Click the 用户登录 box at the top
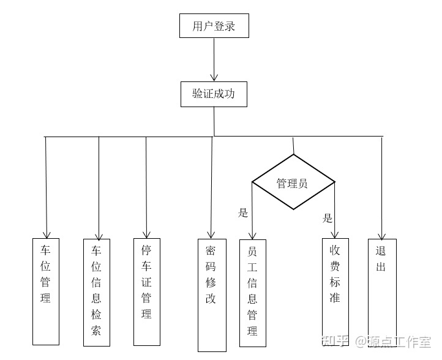point(214,26)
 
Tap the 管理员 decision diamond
point(293,182)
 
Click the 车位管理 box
point(46,290)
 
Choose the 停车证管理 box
point(147,291)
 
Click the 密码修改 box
point(211,294)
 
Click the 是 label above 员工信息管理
point(243,213)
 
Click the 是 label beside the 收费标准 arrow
point(328,218)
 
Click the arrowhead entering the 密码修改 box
point(211,234)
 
